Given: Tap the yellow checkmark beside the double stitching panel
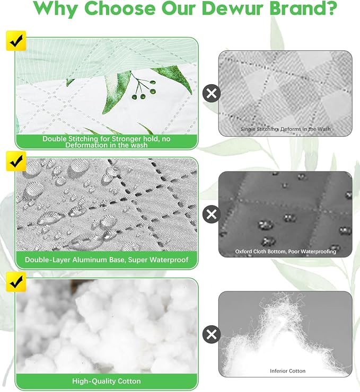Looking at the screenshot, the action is point(16,40).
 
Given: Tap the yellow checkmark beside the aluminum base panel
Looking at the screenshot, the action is point(16,161).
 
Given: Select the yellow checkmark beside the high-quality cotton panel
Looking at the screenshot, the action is point(16,282).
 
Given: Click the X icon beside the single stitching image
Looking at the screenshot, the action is point(212,93).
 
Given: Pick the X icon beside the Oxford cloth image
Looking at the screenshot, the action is point(212,214).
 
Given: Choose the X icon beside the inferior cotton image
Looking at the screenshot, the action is point(212,334).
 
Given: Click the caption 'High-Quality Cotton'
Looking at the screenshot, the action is point(107,381).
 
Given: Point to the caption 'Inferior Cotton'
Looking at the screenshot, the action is point(288,371).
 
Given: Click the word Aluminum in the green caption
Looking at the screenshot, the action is point(89,260).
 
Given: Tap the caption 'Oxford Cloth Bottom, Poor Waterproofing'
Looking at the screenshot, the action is point(285,252).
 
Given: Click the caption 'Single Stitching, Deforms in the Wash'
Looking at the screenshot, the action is point(285,129).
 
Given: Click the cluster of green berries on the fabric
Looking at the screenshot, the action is point(144,89).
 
